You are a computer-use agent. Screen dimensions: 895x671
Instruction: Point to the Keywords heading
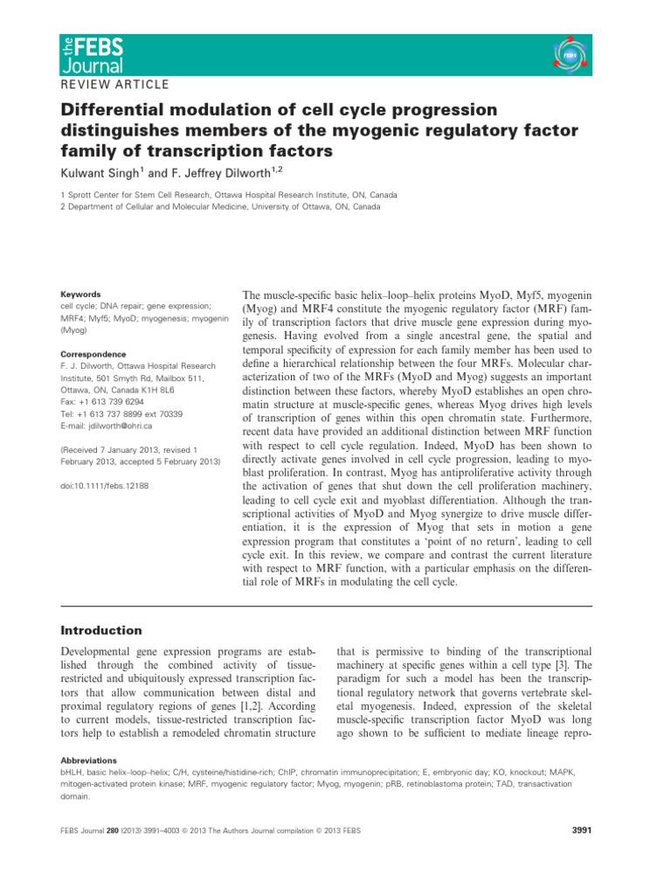[x=80, y=295]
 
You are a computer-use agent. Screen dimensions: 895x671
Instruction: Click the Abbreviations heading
[x=92, y=760]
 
